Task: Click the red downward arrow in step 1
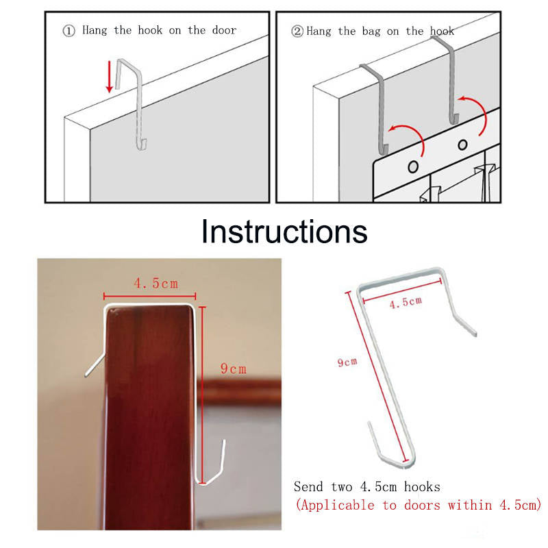tap(110, 77)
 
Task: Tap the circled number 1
tap(69, 31)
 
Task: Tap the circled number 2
tap(297, 32)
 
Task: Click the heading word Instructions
tap(284, 232)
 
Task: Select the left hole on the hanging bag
tap(413, 166)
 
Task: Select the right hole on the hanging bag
tap(463, 145)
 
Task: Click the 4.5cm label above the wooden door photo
tap(156, 284)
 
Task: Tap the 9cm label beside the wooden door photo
tap(233, 369)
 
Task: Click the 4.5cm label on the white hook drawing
tap(406, 302)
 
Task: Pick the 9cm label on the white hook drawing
tap(347, 362)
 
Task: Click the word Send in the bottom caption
tap(308, 487)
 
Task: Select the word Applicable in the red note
tap(338, 506)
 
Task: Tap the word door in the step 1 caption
tap(224, 30)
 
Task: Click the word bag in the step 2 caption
tap(371, 32)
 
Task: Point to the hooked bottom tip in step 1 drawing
tap(142, 145)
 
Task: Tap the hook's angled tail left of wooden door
tap(95, 365)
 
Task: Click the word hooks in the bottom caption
tap(422, 487)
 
